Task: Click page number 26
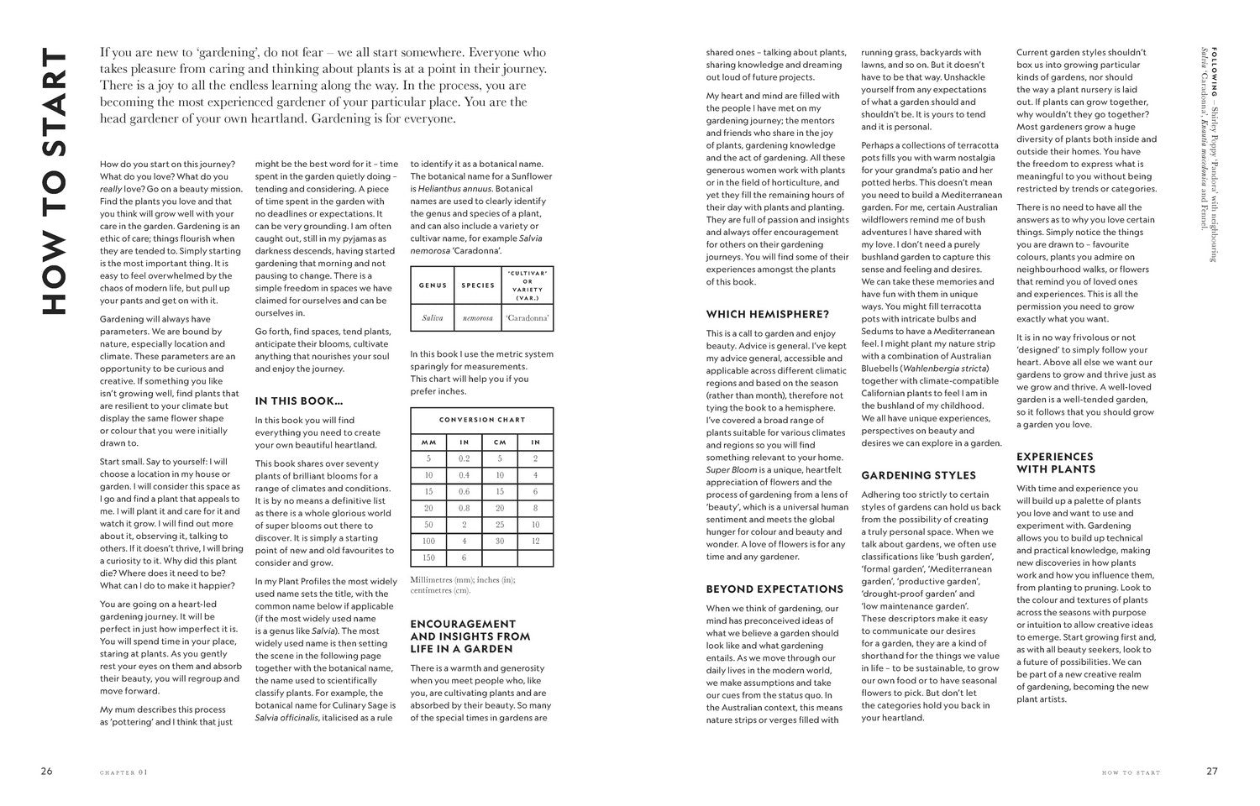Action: pyautogui.click(x=46, y=772)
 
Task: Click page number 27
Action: pyautogui.click(x=1212, y=772)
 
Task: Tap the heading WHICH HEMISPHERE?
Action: pyautogui.click(x=767, y=315)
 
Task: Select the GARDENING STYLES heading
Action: pyautogui.click(x=918, y=475)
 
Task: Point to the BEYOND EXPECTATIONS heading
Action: pyautogui.click(x=774, y=589)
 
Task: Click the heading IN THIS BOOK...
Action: pyautogui.click(x=298, y=401)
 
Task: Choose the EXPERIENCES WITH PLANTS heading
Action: pyautogui.click(x=1056, y=463)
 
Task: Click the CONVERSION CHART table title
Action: pyautogui.click(x=481, y=419)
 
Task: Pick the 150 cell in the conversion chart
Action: pyautogui.click(x=428, y=557)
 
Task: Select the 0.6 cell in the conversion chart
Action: pyautogui.click(x=464, y=491)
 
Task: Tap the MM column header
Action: pyautogui.click(x=428, y=442)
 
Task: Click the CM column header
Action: pyautogui.click(x=500, y=442)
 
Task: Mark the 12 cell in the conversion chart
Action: pyautogui.click(x=535, y=541)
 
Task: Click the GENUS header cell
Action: pyautogui.click(x=432, y=285)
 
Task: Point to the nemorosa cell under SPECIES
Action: pyautogui.click(x=478, y=318)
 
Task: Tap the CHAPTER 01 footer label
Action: pyautogui.click(x=123, y=772)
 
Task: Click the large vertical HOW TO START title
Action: pyautogui.click(x=53, y=182)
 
